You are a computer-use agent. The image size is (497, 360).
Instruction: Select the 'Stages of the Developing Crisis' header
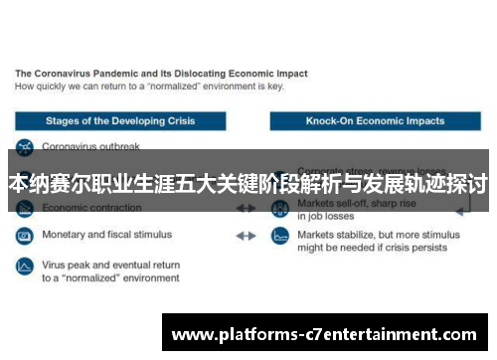(x=120, y=121)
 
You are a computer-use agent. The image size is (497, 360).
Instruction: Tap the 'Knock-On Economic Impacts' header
(x=376, y=121)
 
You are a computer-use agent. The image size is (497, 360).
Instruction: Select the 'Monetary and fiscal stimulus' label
(x=106, y=236)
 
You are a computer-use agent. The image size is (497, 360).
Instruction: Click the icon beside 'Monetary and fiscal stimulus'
(x=24, y=237)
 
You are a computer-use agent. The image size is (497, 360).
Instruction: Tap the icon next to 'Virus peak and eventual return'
(x=24, y=266)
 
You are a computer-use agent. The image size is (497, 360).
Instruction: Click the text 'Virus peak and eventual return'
(x=110, y=266)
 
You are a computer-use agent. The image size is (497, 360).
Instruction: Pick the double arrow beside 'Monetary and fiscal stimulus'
(x=246, y=237)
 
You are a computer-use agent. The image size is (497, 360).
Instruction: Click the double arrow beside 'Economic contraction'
(x=246, y=209)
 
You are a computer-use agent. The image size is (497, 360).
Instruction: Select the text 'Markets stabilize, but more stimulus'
(x=380, y=236)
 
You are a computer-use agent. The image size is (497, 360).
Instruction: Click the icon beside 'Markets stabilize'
(x=280, y=237)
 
